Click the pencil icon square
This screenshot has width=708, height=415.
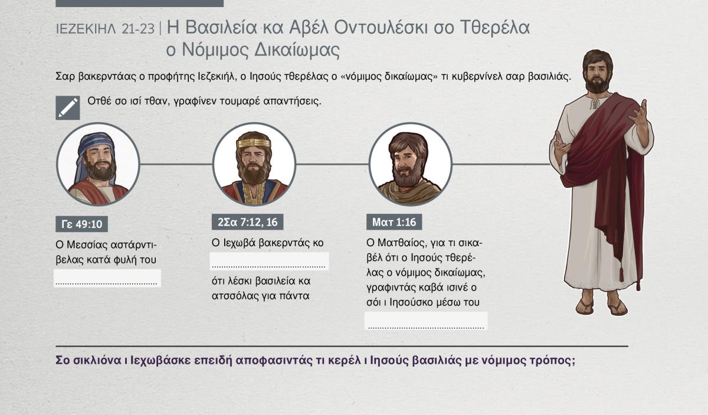(x=68, y=108)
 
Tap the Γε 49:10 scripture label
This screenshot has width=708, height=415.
(x=81, y=224)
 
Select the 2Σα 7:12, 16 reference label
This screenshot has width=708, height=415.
(x=247, y=222)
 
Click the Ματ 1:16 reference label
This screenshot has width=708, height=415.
(x=394, y=222)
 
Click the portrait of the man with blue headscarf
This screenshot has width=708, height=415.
(x=98, y=165)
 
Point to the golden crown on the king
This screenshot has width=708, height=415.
(x=254, y=143)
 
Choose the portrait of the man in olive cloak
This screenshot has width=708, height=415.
(x=410, y=165)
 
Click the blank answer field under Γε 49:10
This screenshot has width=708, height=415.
(x=107, y=279)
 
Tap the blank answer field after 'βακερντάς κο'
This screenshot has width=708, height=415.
(x=269, y=262)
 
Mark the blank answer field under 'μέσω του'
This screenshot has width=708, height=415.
(x=426, y=321)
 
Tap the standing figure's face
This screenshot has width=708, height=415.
(x=596, y=74)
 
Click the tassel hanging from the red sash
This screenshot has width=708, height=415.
(x=621, y=274)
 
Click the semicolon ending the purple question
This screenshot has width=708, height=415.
(x=573, y=361)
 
